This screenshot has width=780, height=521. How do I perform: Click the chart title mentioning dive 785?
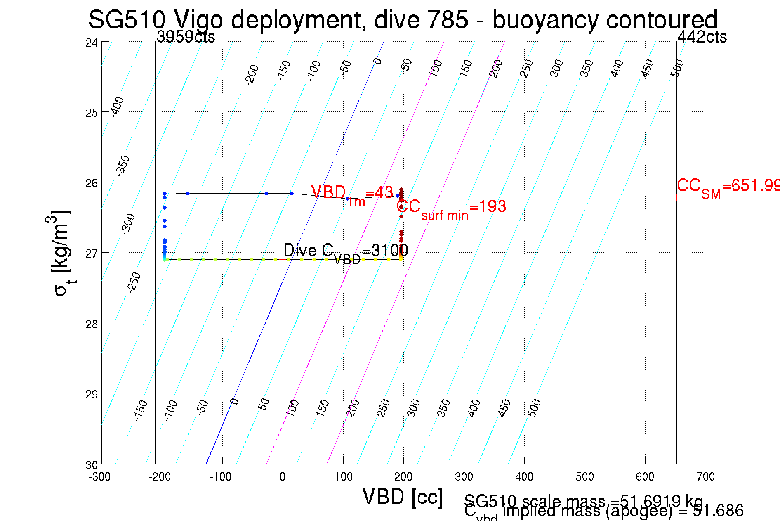pos(403,19)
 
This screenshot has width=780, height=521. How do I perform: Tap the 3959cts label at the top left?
pos(186,37)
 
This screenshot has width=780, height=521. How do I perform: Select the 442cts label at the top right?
pos(702,37)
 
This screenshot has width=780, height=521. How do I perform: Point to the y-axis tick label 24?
pos(92,43)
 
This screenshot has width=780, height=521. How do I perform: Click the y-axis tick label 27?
pos(92,253)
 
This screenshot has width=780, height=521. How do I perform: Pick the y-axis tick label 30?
pos(92,465)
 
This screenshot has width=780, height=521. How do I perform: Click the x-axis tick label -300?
pos(100,477)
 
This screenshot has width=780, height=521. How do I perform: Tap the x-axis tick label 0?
pos(282,477)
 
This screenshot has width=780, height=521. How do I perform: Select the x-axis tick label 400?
pos(524,477)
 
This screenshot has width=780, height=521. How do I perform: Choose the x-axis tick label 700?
pos(705,477)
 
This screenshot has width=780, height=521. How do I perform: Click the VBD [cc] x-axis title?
pos(403,497)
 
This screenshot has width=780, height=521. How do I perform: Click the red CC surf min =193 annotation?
pos(451,208)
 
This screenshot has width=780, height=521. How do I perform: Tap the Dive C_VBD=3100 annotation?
pos(346,252)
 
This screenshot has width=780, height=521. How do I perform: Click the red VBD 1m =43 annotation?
pos(352,194)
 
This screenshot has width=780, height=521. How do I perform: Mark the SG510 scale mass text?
pos(584,501)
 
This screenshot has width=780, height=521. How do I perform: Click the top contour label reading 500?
pos(677,68)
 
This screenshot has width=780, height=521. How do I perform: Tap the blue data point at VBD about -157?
pos(188,193)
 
